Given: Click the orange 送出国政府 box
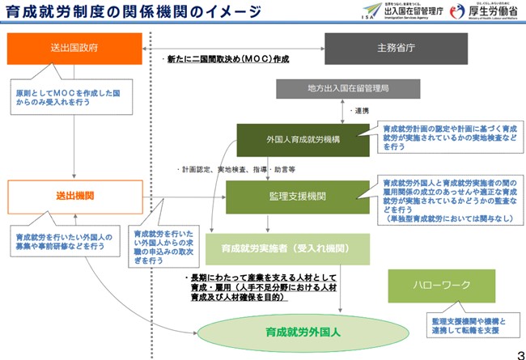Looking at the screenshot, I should click(x=74, y=49).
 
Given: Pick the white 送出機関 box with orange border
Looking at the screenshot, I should click(x=74, y=197).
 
